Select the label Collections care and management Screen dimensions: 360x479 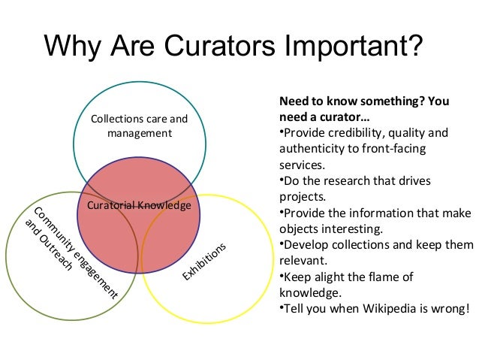point(139,126)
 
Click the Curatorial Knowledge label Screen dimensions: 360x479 point(139,205)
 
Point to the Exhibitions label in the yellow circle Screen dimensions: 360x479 point(204,263)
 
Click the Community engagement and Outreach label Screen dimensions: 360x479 point(71,252)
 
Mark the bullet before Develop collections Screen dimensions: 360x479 point(281,245)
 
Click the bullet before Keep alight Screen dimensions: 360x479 point(281,277)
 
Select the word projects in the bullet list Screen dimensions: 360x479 point(302,198)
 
